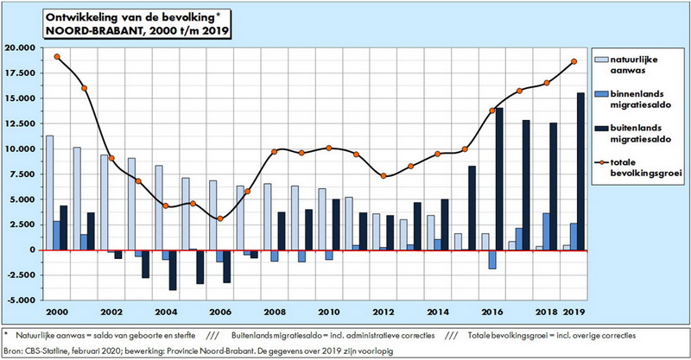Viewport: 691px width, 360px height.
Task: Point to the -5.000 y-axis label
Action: pyautogui.click(x=21, y=300)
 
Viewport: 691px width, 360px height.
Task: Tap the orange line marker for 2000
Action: pyautogui.click(x=57, y=57)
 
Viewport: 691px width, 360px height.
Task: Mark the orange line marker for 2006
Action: pyautogui.click(x=220, y=218)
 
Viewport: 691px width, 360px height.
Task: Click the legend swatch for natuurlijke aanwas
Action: pyautogui.click(x=604, y=60)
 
